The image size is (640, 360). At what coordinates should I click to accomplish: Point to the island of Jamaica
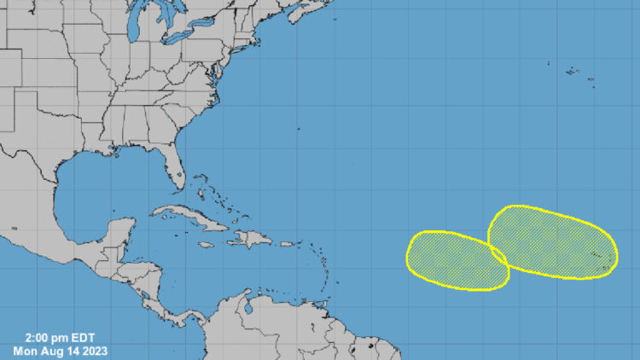pyautogui.click(x=206, y=245)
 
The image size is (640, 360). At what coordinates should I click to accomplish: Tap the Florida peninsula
pyautogui.click(x=175, y=167)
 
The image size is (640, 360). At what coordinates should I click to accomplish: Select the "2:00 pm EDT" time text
pyautogui.click(x=58, y=337)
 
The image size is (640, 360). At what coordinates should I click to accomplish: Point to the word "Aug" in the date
pyautogui.click(x=50, y=350)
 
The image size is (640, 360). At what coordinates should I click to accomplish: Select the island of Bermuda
pyautogui.click(x=299, y=129)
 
